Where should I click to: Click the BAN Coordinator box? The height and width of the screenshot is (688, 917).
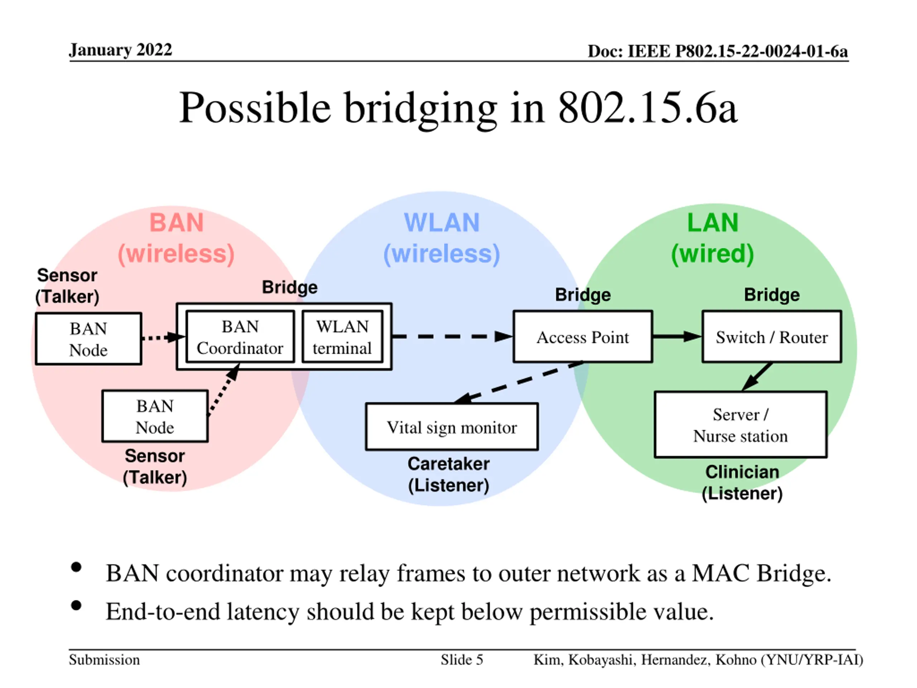tap(240, 337)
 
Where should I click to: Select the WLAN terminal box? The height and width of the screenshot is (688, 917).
tap(342, 337)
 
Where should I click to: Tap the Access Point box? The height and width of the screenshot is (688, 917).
tap(583, 337)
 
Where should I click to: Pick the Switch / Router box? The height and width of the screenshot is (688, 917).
tap(772, 337)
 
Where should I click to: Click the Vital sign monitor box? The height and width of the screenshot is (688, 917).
tap(452, 427)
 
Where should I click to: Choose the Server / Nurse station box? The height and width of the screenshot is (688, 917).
tap(740, 425)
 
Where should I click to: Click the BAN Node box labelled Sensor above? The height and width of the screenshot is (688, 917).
tap(89, 339)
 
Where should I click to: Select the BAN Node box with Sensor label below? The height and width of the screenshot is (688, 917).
tap(155, 416)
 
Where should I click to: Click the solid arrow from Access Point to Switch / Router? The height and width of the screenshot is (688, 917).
tap(677, 336)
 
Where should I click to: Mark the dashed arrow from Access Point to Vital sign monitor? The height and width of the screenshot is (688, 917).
tap(519, 382)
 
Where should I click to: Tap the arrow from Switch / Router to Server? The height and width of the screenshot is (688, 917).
tap(757, 377)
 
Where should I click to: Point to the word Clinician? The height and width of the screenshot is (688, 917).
tap(742, 472)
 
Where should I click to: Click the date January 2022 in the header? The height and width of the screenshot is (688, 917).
tap(120, 50)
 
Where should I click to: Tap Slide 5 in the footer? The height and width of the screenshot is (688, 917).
tap(462, 660)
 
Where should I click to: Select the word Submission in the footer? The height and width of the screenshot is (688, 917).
tap(104, 660)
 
